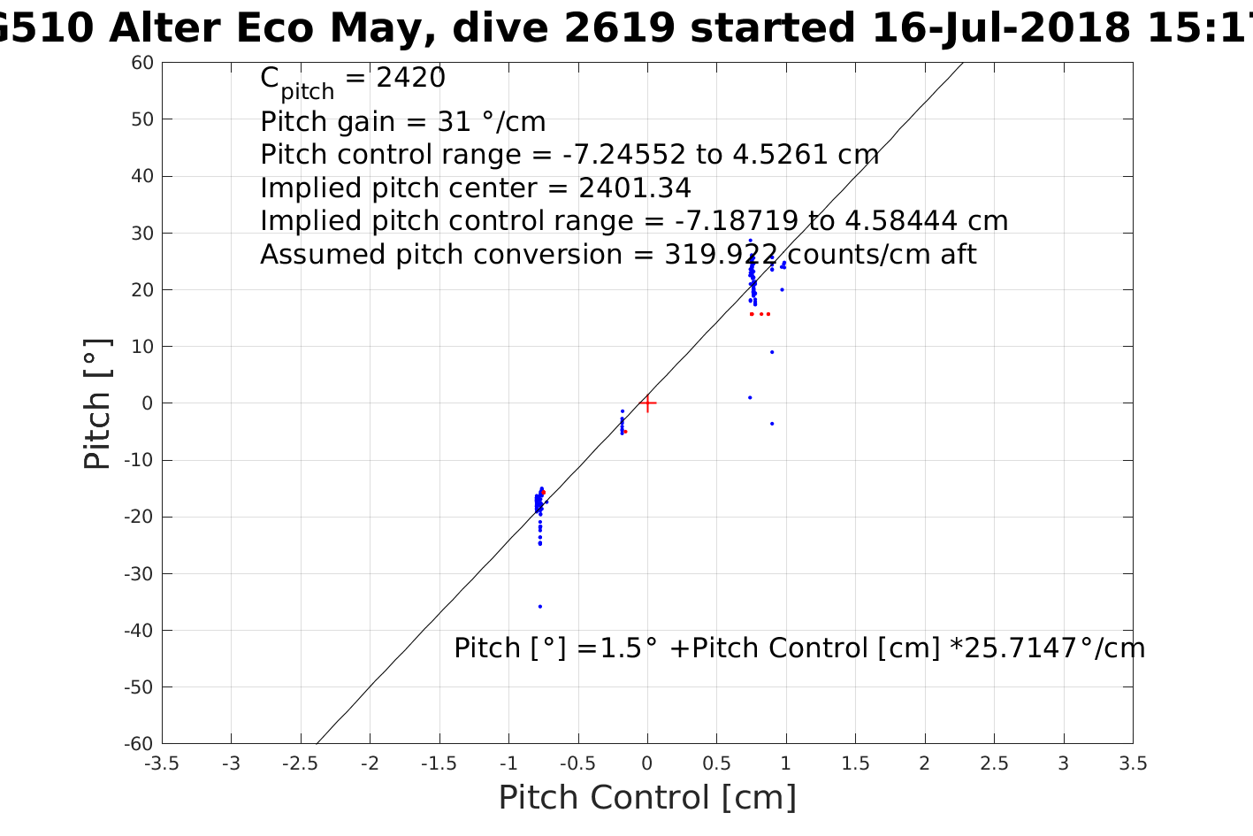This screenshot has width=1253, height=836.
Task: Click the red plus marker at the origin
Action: click(x=647, y=403)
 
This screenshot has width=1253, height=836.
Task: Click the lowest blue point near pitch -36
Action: click(x=539, y=606)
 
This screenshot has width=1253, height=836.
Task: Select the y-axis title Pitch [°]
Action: click(x=97, y=403)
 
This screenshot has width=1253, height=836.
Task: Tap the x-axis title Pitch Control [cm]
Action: click(x=647, y=798)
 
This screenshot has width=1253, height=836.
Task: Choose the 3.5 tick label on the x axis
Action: click(x=1133, y=763)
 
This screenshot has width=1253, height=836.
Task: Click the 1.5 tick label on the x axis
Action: click(x=855, y=763)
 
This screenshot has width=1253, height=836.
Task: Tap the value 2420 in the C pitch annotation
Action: click(x=411, y=79)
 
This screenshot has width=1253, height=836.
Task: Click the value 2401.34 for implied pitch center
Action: click(x=635, y=188)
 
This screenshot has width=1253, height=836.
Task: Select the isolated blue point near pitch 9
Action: click(x=771, y=352)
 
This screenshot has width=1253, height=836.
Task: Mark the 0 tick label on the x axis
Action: click(x=647, y=763)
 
